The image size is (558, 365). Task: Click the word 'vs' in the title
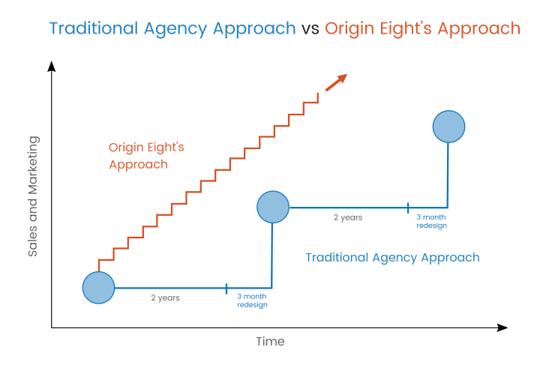[310, 29]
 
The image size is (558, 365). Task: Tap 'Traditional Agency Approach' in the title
[172, 29]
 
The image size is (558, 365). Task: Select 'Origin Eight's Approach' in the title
[422, 29]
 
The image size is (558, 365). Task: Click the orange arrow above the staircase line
[336, 82]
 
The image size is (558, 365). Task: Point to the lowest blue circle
[98, 288]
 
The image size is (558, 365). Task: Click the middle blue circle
[273, 207]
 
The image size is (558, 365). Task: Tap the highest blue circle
[448, 127]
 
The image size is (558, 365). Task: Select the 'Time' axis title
[270, 342]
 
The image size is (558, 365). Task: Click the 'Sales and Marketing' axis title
[33, 196]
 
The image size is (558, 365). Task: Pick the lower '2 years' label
[165, 298]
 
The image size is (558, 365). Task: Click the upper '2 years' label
[348, 217]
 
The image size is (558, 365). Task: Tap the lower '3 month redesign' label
[252, 301]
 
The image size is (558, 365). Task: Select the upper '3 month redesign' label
[432, 221]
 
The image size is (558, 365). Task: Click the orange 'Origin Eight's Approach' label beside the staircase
[146, 156]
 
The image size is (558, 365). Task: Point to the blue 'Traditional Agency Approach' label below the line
[392, 258]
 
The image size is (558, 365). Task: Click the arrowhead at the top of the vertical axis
[52, 66]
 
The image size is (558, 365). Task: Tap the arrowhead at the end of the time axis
[502, 328]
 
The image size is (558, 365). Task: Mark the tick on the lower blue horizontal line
[226, 289]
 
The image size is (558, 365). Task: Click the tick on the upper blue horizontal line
[408, 208]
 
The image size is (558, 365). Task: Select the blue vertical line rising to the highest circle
[448, 175]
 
